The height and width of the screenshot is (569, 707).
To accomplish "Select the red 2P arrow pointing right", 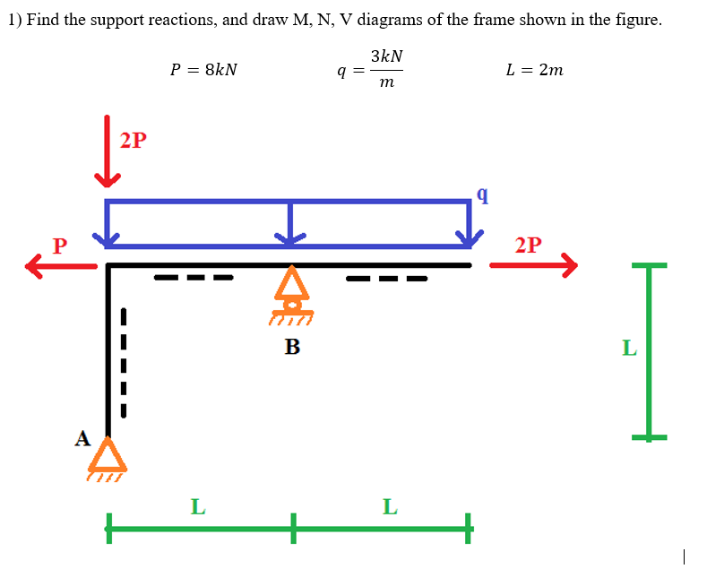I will pyautogui.click(x=532, y=264).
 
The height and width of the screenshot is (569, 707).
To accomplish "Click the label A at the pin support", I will pyautogui.click(x=82, y=438).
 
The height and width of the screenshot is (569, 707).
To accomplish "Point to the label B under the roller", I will pyautogui.click(x=292, y=346).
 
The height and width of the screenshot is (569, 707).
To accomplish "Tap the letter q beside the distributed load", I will pyautogui.click(x=484, y=194).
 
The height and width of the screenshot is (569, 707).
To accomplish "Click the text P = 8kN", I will pyautogui.click(x=204, y=69).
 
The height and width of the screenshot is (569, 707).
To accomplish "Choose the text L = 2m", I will pyautogui.click(x=535, y=69).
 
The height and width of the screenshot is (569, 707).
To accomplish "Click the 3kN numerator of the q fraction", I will pyautogui.click(x=385, y=56).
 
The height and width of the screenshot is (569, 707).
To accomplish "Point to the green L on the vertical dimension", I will pyautogui.click(x=629, y=348).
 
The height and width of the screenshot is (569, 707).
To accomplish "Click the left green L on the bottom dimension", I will pyautogui.click(x=198, y=507).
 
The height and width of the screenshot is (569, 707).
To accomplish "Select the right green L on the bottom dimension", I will pyautogui.click(x=389, y=507).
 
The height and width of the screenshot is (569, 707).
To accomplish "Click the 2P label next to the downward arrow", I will pyautogui.click(x=133, y=141).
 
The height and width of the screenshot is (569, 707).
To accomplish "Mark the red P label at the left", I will pyautogui.click(x=60, y=245).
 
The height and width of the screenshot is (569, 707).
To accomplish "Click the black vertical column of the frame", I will pyautogui.click(x=108, y=349).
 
